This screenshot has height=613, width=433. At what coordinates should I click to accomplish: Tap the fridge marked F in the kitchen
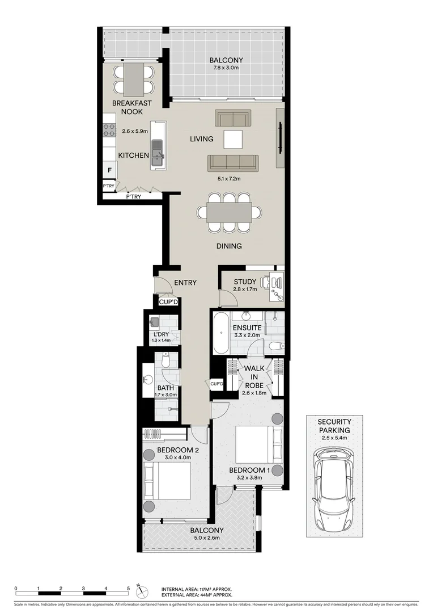click(109, 170)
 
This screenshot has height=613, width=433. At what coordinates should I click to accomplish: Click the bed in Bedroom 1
click(258, 444)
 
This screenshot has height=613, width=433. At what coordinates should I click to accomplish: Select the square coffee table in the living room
click(233, 138)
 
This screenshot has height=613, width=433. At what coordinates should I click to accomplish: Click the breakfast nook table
click(134, 79)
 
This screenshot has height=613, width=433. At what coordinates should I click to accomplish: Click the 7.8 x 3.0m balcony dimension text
click(226, 69)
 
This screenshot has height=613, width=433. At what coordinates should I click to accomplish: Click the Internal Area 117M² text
click(196, 590)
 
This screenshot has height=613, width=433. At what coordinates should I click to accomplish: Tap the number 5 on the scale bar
click(129, 588)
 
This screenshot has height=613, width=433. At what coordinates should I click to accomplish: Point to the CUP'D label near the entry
click(168, 301)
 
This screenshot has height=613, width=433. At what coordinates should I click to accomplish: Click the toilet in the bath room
click(165, 359)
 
